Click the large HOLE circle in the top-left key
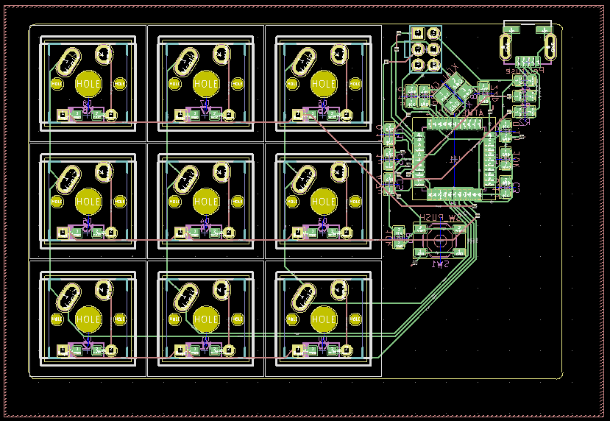coord(88,84)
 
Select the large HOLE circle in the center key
coord(206,201)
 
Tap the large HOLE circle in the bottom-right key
coord(324,319)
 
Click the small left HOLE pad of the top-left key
coord(57,84)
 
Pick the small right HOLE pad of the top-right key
coord(355,84)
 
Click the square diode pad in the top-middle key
coord(179,114)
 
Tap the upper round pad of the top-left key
coord(104,53)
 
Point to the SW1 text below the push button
coord(440,263)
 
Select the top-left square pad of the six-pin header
coord(418,34)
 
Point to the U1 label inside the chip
coord(454,159)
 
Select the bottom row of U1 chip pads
coord(455,194)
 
